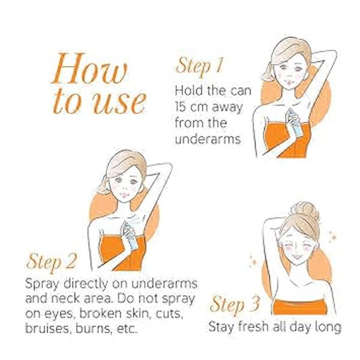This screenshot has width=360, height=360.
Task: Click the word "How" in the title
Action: point(89,68)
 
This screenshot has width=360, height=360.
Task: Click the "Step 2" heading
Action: point(51,262)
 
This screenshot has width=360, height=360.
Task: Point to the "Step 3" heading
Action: point(235,305)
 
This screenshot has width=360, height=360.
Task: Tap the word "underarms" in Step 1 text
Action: point(208,139)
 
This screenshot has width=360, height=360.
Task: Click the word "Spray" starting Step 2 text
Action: point(42,284)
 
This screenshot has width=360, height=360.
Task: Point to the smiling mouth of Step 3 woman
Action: point(296,256)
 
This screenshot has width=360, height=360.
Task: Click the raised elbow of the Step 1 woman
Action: point(332,53)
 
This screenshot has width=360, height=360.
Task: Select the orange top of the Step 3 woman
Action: point(299,307)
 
